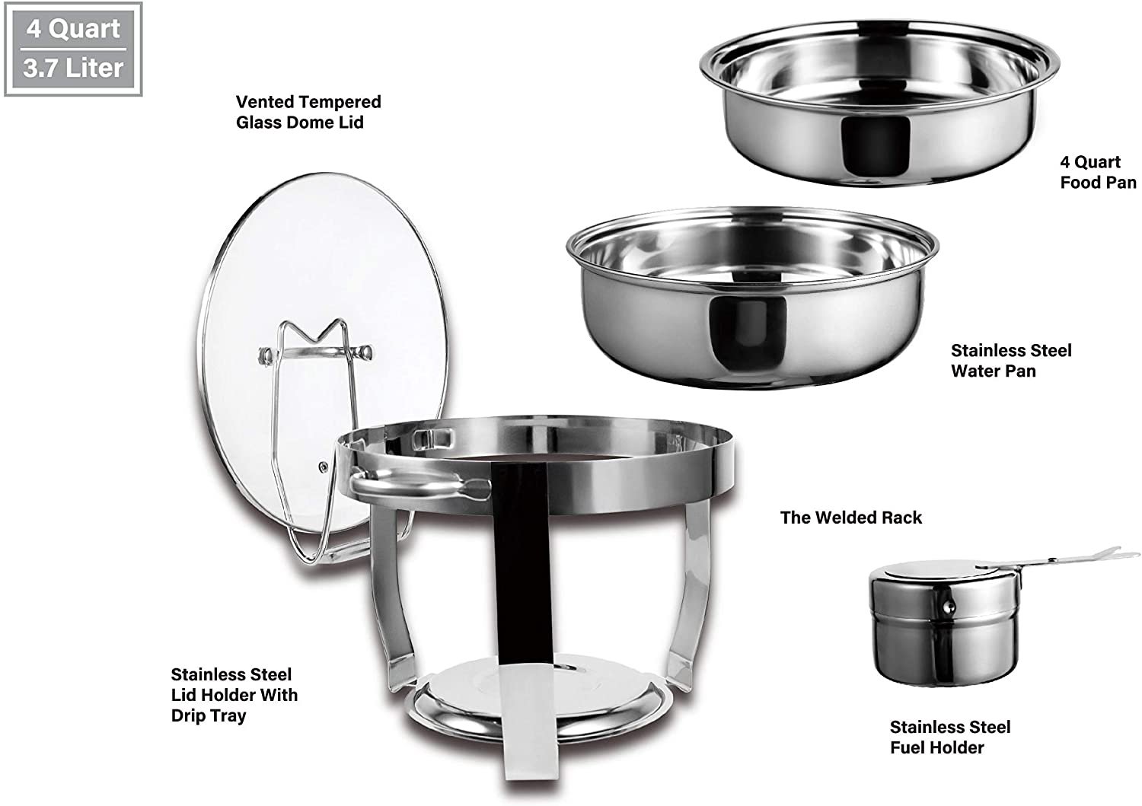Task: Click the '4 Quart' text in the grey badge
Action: pos(73,29)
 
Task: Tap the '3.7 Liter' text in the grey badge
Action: pos(73,68)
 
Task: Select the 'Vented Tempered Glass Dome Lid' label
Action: pos(308,112)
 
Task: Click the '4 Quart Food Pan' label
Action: pos(1098,172)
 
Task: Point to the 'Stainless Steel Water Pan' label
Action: pos(1011,361)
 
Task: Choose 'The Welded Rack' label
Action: pos(850,518)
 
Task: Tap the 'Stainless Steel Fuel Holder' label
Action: pos(950,738)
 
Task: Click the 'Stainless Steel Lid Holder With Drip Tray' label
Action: pos(234,695)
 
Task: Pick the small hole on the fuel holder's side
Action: pos(949,607)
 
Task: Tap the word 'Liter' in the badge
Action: pos(94,68)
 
